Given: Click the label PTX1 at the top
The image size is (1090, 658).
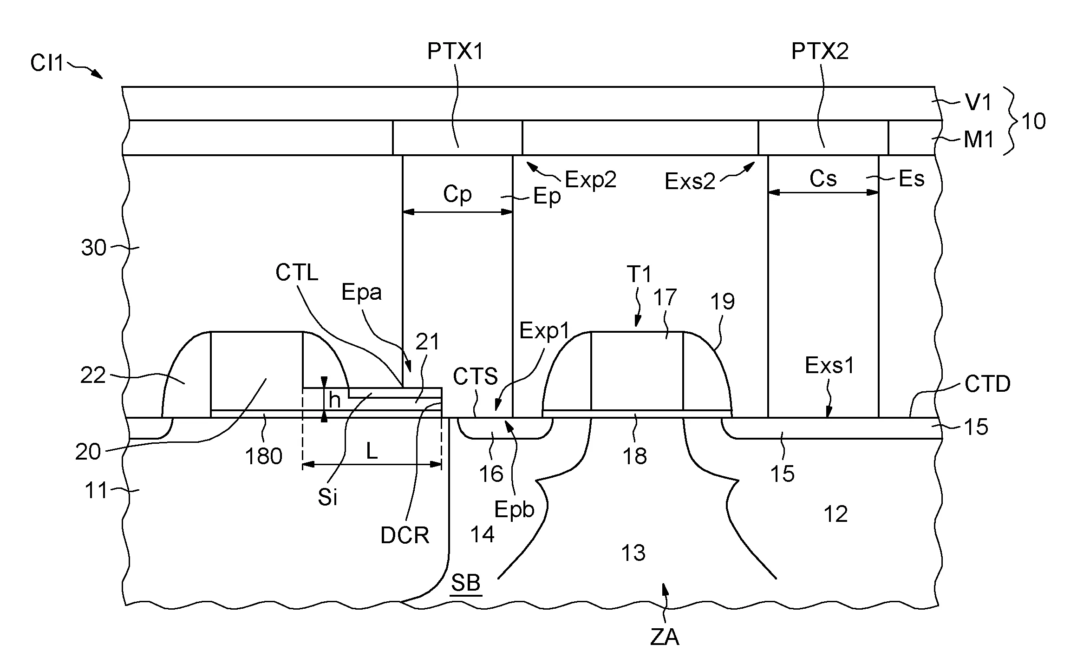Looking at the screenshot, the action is (x=455, y=51).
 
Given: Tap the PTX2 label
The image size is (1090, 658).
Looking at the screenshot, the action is (x=820, y=51).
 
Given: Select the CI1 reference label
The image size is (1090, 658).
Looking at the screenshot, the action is (x=47, y=62).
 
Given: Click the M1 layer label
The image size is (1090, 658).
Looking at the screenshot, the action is (x=979, y=139).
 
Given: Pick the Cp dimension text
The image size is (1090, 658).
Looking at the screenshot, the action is (x=457, y=194).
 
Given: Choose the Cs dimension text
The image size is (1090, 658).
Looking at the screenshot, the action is (x=823, y=178).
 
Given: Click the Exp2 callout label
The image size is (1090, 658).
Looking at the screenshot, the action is (x=590, y=179).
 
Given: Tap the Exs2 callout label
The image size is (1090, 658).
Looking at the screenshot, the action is (x=690, y=181).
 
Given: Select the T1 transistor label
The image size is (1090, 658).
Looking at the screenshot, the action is (x=640, y=274).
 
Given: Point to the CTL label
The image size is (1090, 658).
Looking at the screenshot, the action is (x=297, y=272).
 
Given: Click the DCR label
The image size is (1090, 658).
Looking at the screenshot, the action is (x=405, y=536).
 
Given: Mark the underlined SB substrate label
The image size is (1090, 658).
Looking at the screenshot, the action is (x=466, y=583).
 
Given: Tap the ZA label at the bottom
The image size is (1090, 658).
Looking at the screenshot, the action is (x=665, y=638).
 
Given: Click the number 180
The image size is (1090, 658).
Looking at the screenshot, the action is (x=263, y=456).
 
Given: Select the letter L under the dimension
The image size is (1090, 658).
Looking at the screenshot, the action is (x=372, y=450).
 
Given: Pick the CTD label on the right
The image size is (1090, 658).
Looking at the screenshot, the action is (x=987, y=384).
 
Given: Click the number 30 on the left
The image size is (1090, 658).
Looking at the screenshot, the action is (x=94, y=248).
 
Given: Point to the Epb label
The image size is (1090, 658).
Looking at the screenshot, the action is (x=514, y=510).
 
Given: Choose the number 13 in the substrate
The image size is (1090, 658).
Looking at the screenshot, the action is (x=633, y=553).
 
